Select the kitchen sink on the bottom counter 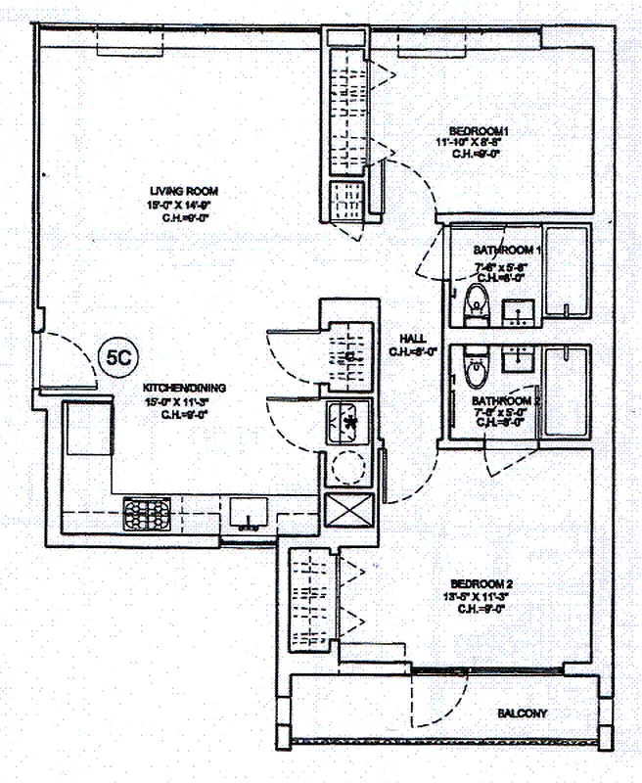[x=250, y=512]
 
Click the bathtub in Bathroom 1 [x=568, y=273]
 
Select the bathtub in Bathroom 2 [x=568, y=391]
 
